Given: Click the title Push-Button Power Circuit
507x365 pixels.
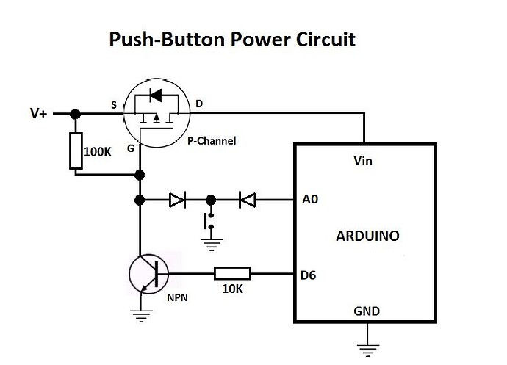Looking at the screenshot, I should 232,39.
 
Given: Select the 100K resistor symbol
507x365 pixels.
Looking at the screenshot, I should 76,151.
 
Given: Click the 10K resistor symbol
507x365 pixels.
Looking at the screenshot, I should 232,274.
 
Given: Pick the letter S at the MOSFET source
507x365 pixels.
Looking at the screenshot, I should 113,105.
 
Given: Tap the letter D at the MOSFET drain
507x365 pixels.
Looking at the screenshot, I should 200,105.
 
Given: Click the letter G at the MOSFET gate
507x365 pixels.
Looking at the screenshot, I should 130,149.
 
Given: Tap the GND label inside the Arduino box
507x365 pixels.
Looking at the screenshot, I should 366,311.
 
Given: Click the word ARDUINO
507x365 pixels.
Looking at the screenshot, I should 367,236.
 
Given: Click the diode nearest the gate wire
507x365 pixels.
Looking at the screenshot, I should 176,199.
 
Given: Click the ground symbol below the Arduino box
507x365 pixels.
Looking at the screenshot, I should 366,345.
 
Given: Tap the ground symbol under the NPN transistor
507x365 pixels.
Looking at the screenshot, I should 140,316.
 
